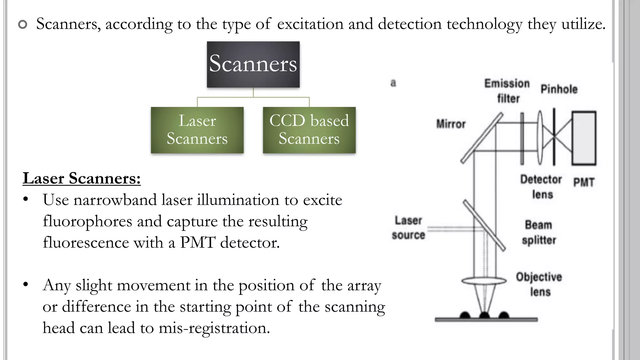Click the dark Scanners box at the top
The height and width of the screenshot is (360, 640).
[x=253, y=64]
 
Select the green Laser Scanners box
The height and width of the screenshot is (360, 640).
[x=197, y=130]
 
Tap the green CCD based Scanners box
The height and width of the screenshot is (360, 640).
[x=309, y=130]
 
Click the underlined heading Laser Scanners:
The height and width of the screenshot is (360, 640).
[x=82, y=178]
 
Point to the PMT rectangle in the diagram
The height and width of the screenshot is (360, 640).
[x=584, y=138]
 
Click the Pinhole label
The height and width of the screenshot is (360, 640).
[x=559, y=89]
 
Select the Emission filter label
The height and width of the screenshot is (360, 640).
[x=507, y=91]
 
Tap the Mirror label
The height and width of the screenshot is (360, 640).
[x=451, y=124]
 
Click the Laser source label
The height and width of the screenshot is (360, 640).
[x=408, y=227]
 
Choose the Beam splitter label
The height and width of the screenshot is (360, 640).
[x=539, y=232]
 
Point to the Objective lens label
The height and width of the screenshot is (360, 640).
[x=539, y=284]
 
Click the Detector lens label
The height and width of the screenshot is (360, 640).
[x=541, y=187]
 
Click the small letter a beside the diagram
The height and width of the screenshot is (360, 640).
[x=393, y=83]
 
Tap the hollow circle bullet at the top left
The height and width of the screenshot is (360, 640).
[x=23, y=24]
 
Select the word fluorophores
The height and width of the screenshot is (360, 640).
[x=87, y=222]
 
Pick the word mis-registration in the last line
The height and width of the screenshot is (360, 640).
[x=214, y=328]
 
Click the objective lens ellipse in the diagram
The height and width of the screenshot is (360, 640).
[x=484, y=281]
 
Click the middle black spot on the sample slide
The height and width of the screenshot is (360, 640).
[x=484, y=315]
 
